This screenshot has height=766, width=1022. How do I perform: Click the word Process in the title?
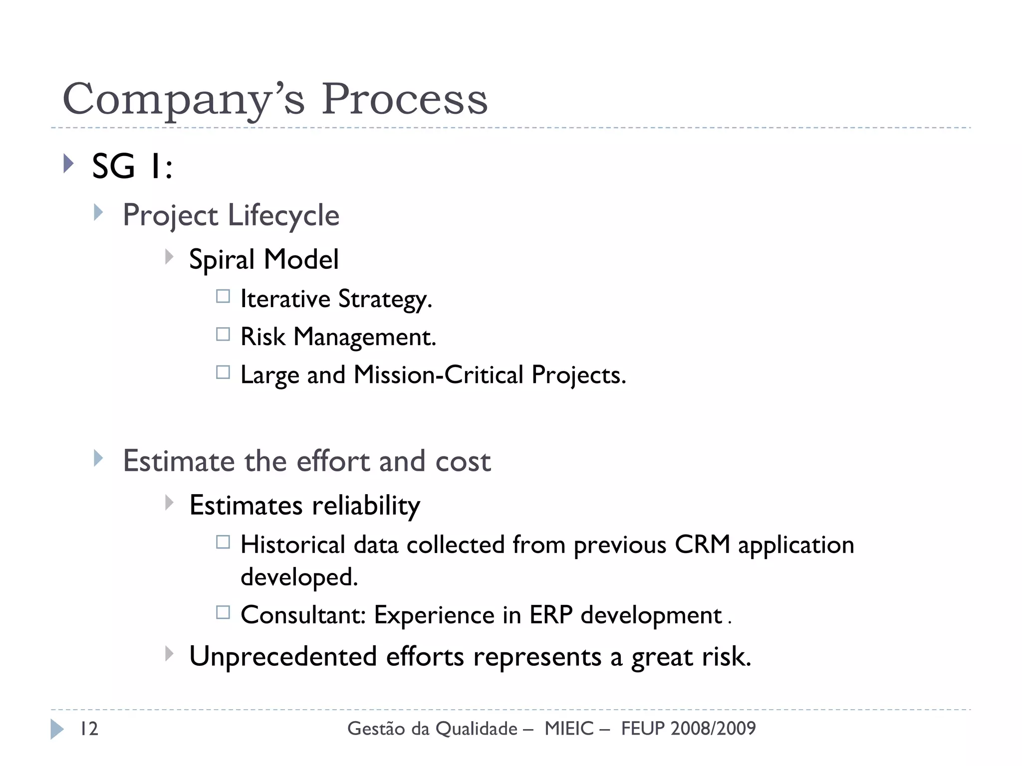tap(404, 99)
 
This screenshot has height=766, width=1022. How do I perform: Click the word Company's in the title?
tap(183, 99)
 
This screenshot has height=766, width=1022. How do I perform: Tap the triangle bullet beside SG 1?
tap(69, 164)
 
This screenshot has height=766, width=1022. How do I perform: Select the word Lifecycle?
tap(283, 216)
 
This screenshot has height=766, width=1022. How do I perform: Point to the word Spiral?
tap(222, 260)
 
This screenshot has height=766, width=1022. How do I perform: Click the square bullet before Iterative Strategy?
tap(223, 297)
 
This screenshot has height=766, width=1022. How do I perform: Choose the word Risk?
tap(262, 337)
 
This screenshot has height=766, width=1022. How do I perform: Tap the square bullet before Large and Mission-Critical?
tap(223, 373)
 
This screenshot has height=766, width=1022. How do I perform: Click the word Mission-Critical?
tap(438, 375)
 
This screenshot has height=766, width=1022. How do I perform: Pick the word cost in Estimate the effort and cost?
tap(463, 461)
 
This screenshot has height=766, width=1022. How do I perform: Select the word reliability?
tap(366, 506)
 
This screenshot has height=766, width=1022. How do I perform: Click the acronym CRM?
tap(702, 545)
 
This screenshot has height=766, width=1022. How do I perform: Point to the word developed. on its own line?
tap(299, 577)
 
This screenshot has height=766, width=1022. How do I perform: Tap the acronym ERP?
tap(550, 615)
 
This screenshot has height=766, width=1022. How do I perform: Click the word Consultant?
tap(303, 615)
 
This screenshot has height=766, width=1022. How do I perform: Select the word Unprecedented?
tap(283, 657)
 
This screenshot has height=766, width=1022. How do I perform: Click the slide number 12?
tap(89, 729)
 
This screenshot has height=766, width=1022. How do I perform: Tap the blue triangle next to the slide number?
tap(57, 729)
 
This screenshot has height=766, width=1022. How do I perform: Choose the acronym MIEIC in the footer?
tap(569, 729)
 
